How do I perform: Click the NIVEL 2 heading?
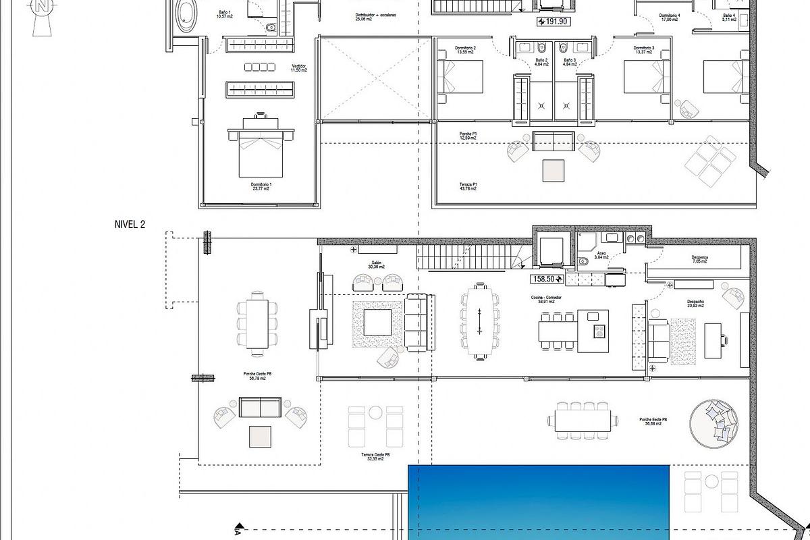(x=130, y=225)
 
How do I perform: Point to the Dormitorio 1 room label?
(x=261, y=186)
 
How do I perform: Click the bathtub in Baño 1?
(x=186, y=15)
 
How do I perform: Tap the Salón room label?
(x=377, y=265)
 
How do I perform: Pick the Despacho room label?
(x=696, y=303)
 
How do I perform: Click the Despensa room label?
(x=699, y=259)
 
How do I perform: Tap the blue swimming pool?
(x=539, y=503)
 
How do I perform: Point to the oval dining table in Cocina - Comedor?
(x=479, y=321)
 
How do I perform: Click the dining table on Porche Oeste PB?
(x=256, y=323)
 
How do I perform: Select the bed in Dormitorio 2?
(x=462, y=76)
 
